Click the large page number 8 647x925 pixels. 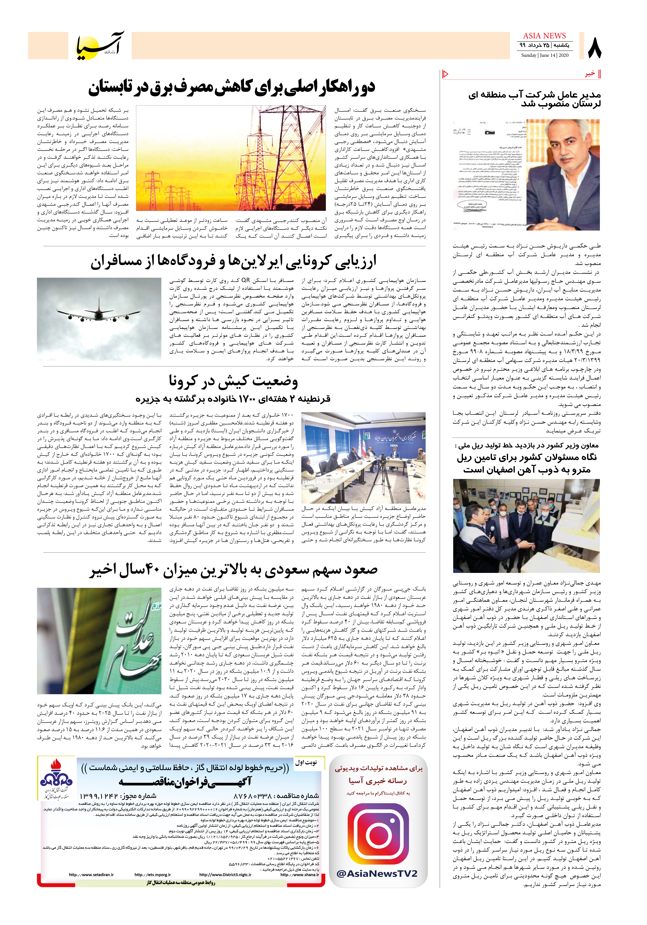click(594, 48)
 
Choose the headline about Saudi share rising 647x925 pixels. click(234, 570)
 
